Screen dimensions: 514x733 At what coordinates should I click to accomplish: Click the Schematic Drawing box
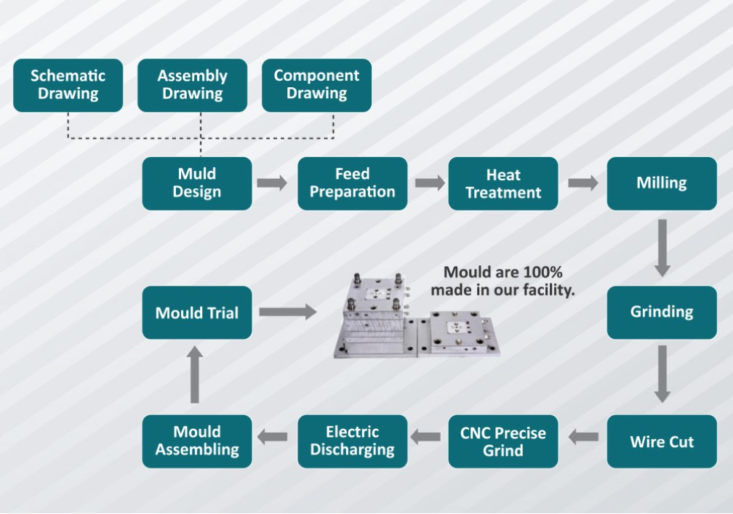[x=68, y=85]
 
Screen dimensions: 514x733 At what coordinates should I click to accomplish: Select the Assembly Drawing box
[x=192, y=85]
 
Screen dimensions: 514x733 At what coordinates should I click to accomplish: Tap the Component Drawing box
[x=316, y=85]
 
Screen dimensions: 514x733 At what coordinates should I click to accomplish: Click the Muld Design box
[x=197, y=183]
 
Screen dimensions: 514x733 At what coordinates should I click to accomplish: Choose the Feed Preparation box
[x=353, y=183]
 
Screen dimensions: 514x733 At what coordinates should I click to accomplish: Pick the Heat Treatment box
[x=503, y=183]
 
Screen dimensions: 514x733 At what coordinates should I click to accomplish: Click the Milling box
[x=662, y=183]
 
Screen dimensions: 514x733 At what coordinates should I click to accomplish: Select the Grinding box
[x=662, y=313]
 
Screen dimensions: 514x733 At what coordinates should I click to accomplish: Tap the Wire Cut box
[x=662, y=441]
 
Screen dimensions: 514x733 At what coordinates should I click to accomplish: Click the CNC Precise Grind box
[x=503, y=441]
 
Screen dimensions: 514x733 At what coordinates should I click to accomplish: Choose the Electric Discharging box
[x=353, y=441]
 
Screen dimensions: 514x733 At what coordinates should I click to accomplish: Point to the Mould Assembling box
[x=197, y=441]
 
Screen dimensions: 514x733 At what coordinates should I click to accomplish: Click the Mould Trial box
[x=197, y=313]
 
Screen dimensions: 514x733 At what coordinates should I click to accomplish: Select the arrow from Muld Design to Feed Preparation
[x=273, y=182]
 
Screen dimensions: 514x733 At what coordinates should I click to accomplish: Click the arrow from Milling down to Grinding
[x=662, y=248]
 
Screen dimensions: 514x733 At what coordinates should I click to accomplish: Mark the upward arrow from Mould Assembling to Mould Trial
[x=194, y=374]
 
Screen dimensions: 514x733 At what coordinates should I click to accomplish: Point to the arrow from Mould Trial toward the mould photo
[x=287, y=312]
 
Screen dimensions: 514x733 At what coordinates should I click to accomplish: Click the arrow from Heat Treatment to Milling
[x=582, y=182]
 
